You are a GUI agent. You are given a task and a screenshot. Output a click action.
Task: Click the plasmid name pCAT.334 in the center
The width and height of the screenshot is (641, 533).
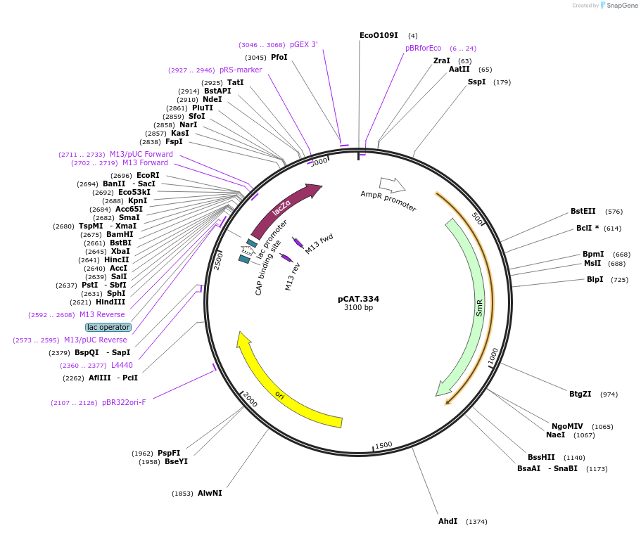[358, 299]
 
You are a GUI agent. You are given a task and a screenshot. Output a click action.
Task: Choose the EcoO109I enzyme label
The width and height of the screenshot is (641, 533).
[379, 35]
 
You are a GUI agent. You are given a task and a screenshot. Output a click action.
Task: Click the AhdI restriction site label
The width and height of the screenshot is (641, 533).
[448, 521]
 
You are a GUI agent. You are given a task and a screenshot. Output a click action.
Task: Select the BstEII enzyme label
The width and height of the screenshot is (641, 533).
[583, 211]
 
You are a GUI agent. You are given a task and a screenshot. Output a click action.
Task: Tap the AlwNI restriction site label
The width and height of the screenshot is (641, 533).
[210, 493]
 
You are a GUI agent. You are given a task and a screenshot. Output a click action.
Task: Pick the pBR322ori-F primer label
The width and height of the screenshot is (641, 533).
[124, 402]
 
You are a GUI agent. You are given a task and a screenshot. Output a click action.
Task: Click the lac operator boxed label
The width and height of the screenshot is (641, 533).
[108, 327]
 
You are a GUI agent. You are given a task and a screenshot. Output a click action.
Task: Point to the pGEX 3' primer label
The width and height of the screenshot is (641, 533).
[303, 44]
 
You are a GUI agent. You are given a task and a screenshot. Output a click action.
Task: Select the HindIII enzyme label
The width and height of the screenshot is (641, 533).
[110, 302]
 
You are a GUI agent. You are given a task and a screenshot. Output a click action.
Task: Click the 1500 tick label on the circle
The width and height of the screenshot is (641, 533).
[383, 445]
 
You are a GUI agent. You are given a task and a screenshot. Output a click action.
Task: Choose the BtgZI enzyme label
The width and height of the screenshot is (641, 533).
[580, 394]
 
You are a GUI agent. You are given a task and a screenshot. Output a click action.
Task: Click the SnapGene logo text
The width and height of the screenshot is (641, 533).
[619, 6]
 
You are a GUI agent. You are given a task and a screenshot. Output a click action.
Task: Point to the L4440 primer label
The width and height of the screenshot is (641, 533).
[122, 365]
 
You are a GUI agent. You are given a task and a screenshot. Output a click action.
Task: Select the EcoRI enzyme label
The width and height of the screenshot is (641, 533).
[148, 175]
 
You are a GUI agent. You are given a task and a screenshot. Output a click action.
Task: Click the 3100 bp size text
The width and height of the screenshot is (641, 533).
[358, 308]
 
